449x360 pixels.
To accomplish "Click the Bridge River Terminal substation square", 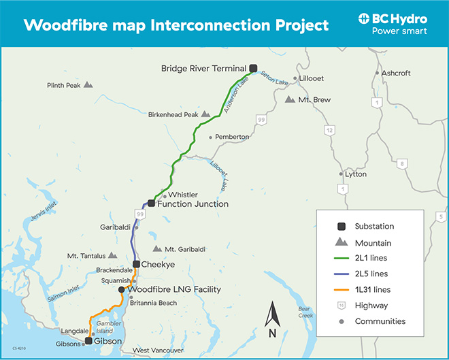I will click(253, 67).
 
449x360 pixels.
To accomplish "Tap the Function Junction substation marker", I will click(152, 203).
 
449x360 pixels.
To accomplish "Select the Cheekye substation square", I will click(136, 264).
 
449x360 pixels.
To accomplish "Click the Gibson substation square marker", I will click(88, 340).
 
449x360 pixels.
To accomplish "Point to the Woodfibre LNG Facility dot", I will click(121, 289).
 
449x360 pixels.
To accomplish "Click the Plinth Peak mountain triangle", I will click(88, 85).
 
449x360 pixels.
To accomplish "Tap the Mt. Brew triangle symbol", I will click(290, 99).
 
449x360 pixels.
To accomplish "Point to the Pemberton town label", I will click(232, 137).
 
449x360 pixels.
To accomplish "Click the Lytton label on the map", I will click(356, 174).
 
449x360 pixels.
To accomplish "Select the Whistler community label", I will click(183, 195).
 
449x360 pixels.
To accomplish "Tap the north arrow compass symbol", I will click(272, 315).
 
